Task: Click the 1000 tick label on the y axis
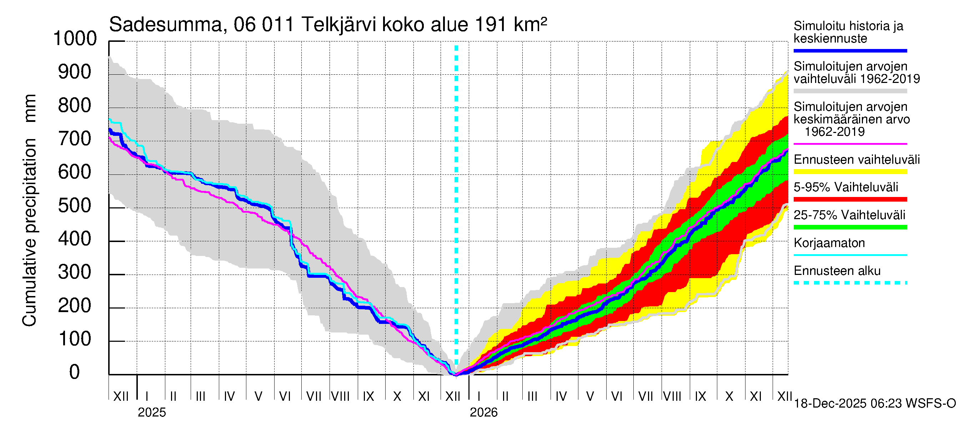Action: coord(75,39)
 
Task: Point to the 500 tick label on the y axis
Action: coord(75,206)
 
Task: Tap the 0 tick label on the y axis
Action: coord(75,372)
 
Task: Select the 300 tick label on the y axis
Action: coord(75,272)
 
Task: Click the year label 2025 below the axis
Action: coord(151,413)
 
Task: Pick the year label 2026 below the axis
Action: coord(483,413)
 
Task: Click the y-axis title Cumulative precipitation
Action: coord(29,232)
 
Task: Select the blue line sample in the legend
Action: coord(850,50)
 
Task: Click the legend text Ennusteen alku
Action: coord(837,271)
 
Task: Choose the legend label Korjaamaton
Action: coord(829,243)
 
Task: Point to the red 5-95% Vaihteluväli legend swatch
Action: coord(850,199)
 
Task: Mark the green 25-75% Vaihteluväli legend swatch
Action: coord(850,227)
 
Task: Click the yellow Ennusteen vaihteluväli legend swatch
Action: coord(850,172)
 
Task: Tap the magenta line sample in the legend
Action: coord(850,144)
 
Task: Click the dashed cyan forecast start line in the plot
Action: coord(456,187)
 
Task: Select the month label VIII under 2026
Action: coord(672,396)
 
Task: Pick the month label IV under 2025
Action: coord(230,396)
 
